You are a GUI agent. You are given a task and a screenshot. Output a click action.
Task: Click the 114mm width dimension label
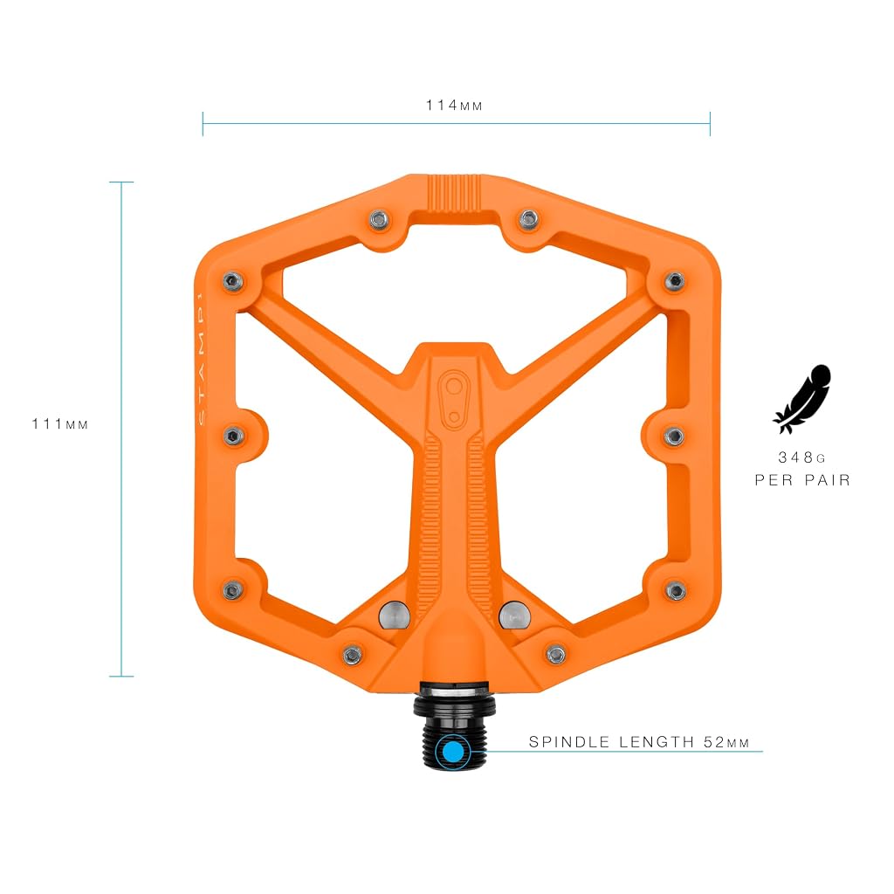(454, 106)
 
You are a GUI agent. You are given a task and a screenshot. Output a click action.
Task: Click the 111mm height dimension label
(60, 423)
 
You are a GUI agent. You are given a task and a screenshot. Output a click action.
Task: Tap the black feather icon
(802, 398)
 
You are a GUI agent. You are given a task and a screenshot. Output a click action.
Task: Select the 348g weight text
(801, 457)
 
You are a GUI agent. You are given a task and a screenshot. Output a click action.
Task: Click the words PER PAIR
(802, 480)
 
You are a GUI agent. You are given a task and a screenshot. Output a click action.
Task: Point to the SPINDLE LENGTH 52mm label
(638, 742)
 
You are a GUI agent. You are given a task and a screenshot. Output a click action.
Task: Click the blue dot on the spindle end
(453, 752)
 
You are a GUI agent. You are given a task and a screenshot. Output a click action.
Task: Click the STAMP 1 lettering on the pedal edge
(201, 358)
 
